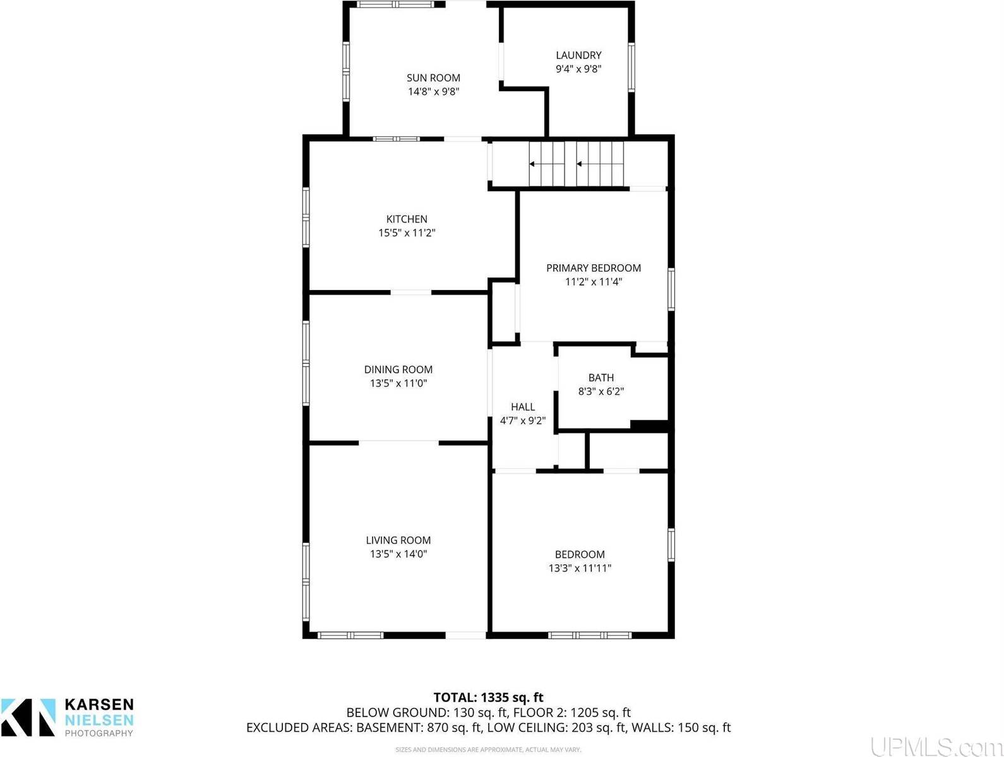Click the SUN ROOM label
pos(433,78)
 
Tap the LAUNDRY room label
pos(578,55)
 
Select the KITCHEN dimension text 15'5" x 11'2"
pos(407,233)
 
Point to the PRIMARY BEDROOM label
pos(593,268)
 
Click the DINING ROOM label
pos(398,370)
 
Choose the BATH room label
pos(601,378)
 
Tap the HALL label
pos(523,407)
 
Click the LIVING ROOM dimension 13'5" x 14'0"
pos(398,554)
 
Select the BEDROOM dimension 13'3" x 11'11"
pos(580,568)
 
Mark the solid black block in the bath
pos(649,427)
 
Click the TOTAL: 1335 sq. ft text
pos(488,698)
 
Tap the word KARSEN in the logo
pos(99,705)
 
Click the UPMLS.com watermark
pos(935,746)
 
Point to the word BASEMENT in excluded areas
pos(385,727)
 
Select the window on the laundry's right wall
pos(631,67)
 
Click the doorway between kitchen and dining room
pos(411,293)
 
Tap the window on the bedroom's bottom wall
pos(589,635)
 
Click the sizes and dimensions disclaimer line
pos(488,749)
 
